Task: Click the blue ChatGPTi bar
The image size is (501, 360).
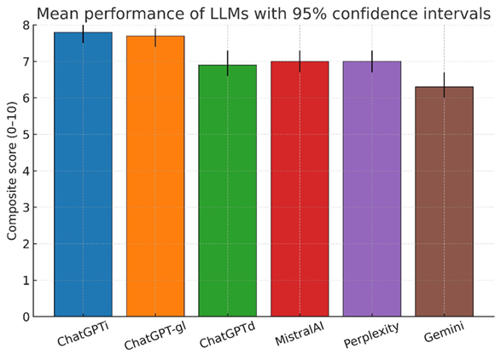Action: click(x=83, y=175)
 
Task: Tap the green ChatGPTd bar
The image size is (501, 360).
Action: click(x=227, y=191)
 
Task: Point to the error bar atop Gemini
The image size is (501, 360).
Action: click(x=444, y=85)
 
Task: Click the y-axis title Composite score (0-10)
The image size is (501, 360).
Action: click(x=12, y=171)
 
